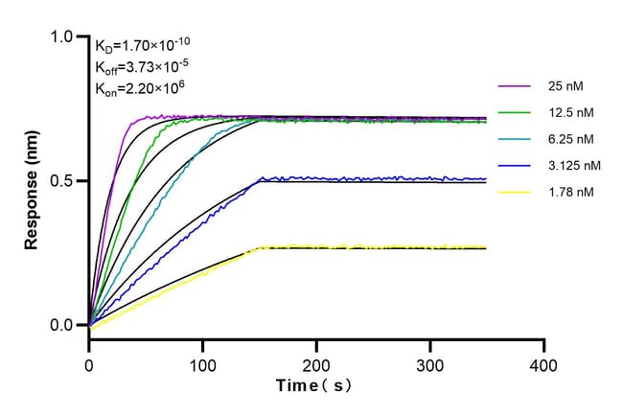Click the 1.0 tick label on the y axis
61,36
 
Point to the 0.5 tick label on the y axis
61,181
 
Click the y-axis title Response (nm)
33,181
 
